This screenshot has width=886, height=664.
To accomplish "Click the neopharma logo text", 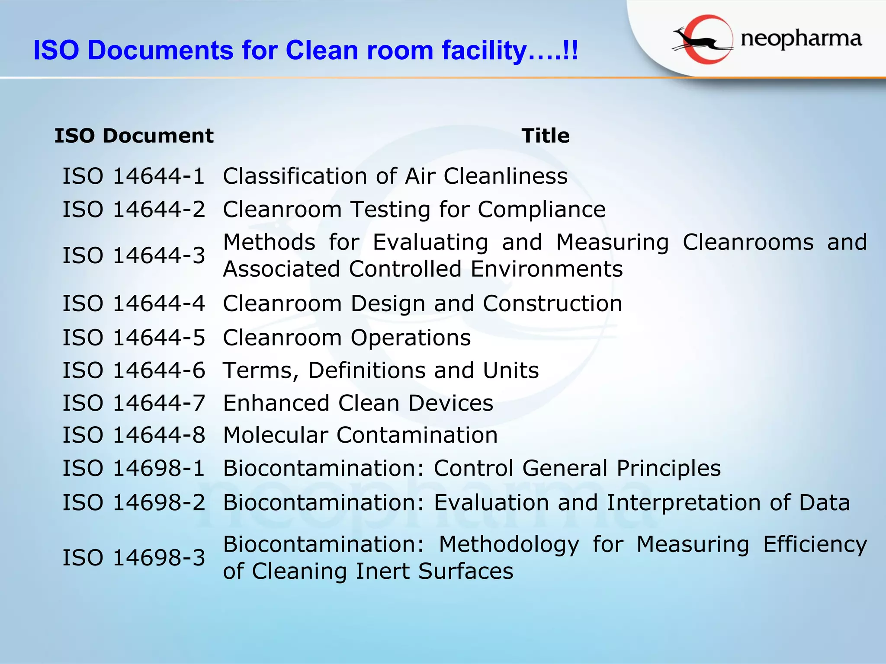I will pos(801,39).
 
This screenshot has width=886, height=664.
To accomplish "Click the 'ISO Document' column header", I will pos(134,136).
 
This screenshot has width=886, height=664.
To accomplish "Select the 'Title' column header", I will pos(545,136).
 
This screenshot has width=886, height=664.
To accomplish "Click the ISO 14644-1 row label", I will pos(134,176).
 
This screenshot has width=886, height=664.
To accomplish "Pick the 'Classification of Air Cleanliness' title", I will pos(395,176).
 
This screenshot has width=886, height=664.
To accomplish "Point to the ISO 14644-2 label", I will pos(134,210).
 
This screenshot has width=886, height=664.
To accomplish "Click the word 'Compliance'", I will pos(542,210).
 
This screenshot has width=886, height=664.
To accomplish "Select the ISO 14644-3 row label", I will pos(134,255).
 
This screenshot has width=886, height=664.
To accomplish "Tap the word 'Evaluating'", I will pos(430,242).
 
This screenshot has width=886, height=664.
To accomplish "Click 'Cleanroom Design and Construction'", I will pos(422,303).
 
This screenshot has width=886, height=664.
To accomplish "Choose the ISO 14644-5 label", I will pos(134,338).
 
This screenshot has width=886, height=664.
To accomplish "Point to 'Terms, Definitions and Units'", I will pos(381,370).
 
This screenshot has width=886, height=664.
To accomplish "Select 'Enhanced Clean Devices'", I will pos(358,403).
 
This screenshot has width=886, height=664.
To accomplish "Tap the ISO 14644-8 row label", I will pos(134,435).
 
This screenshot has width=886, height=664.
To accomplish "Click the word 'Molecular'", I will pos(276,435).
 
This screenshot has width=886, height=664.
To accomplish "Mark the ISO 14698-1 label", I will pos(134,469).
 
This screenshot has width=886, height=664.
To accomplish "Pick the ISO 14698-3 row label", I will pos(134,558).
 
